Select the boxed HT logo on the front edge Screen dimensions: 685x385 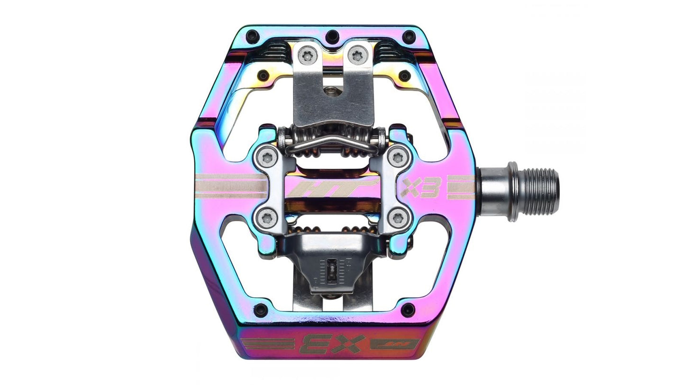click(394, 344)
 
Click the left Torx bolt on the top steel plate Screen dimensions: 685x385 click(307, 56)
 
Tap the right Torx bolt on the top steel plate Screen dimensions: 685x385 click(357, 56)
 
